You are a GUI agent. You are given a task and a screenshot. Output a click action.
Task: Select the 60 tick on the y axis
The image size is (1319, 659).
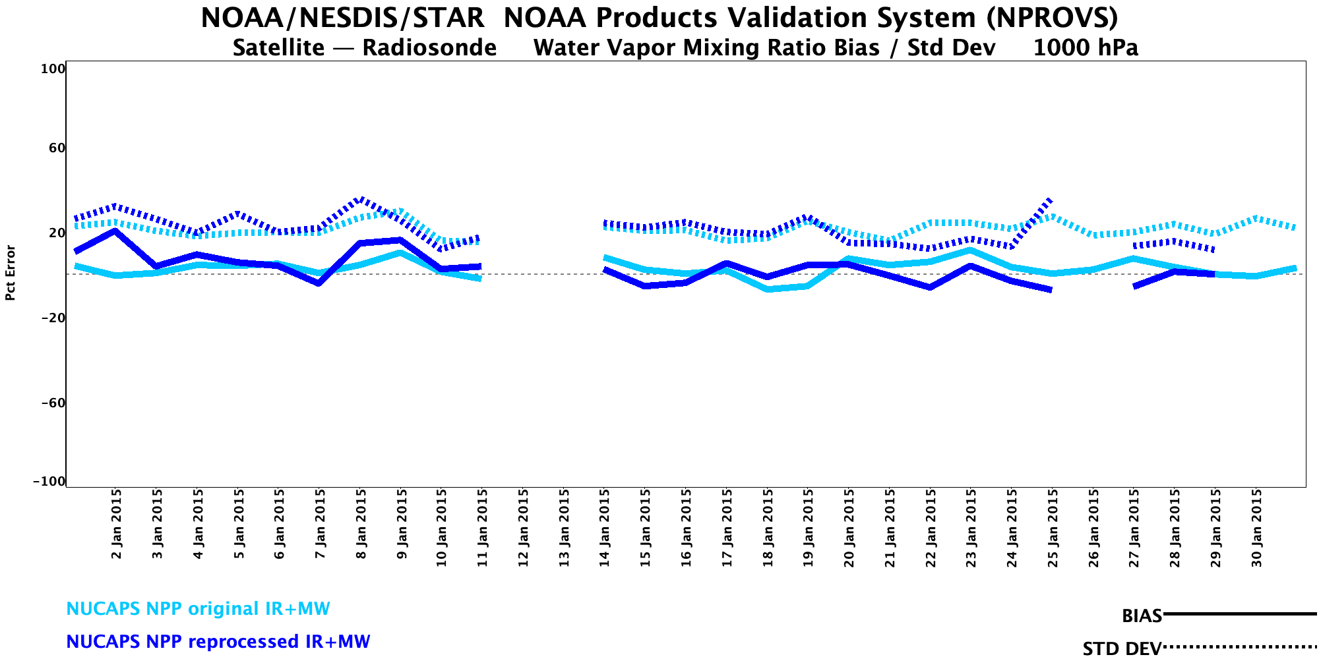pos(57,148)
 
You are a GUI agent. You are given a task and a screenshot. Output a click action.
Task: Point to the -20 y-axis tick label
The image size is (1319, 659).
pos(53,318)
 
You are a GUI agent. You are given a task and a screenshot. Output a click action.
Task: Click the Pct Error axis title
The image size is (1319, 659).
pos(11,273)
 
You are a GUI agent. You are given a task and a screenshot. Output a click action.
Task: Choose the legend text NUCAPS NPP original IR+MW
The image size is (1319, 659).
pos(198,609)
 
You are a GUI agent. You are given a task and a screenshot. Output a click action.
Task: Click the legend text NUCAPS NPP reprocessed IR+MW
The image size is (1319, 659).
pos(218,642)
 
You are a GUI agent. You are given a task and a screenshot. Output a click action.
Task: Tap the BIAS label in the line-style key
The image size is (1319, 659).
pos(1142,616)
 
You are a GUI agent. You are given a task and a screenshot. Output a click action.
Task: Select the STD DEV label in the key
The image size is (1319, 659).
pos(1122,648)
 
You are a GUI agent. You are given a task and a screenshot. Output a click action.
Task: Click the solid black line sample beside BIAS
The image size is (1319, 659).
pos(1240,614)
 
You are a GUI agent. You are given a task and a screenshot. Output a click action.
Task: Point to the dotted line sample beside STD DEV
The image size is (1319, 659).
pos(1240,647)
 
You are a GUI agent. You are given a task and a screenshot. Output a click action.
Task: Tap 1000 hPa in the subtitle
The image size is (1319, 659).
pos(1086,48)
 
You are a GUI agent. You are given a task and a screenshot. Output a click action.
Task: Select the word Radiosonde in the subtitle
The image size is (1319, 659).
pos(429,48)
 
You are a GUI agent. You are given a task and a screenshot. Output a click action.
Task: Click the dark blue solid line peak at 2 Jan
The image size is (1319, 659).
pos(116,231)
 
